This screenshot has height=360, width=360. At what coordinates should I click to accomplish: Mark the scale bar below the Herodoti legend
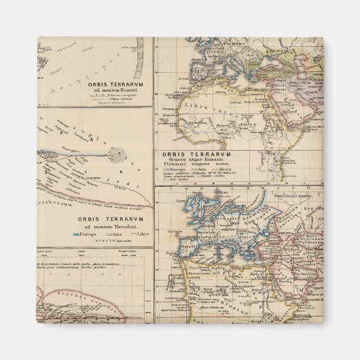click(x=106, y=241)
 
